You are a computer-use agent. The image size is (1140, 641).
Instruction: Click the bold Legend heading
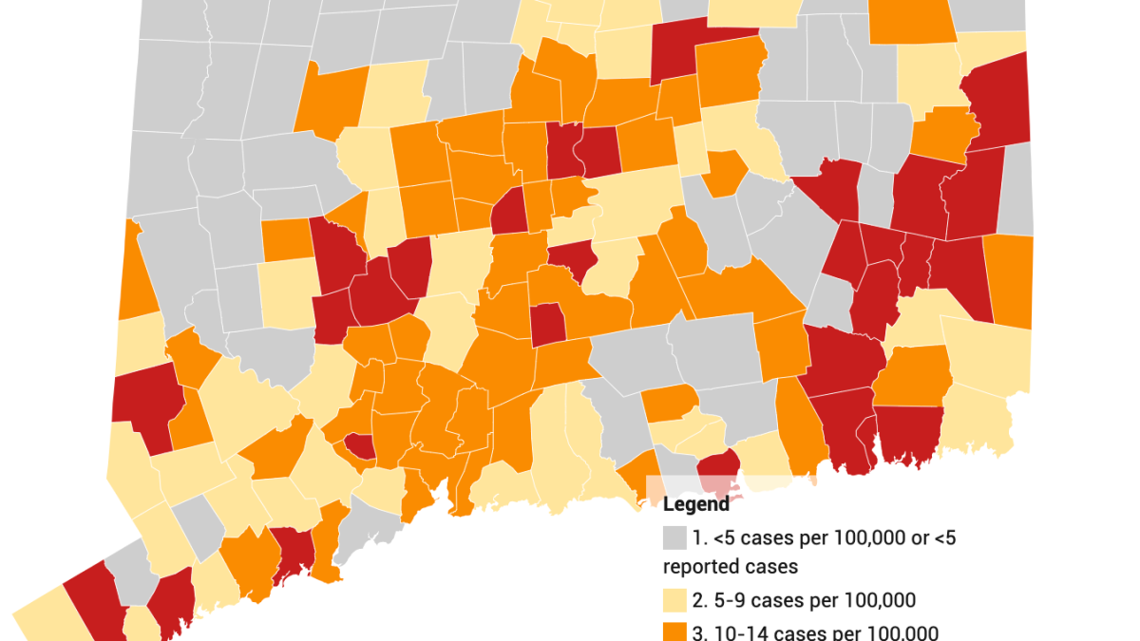tap(696, 503)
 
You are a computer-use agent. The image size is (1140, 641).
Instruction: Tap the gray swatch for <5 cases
tap(674, 538)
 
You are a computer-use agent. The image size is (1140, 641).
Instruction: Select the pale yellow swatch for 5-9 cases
tap(674, 600)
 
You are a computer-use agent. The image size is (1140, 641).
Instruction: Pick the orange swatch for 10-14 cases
tap(674, 632)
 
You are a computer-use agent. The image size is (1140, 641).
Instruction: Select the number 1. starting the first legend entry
tap(699, 538)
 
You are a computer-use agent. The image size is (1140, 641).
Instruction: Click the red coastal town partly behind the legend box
tap(718, 468)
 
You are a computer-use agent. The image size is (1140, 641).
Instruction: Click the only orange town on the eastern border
tap(1008, 280)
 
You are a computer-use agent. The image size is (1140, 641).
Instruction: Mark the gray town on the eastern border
tap(1016, 190)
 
